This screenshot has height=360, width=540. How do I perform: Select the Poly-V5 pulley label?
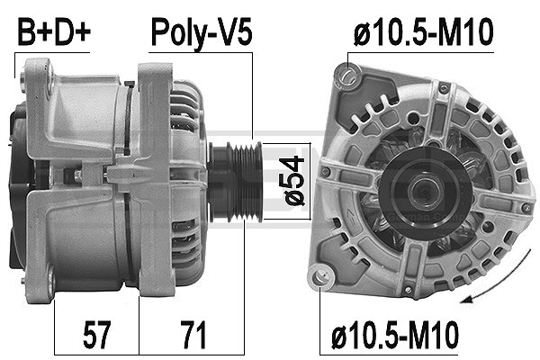200,33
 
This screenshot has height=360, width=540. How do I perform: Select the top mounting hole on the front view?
352,72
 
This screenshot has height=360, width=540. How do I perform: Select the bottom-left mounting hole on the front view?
318,278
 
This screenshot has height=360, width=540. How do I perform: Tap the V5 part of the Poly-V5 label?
234,33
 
